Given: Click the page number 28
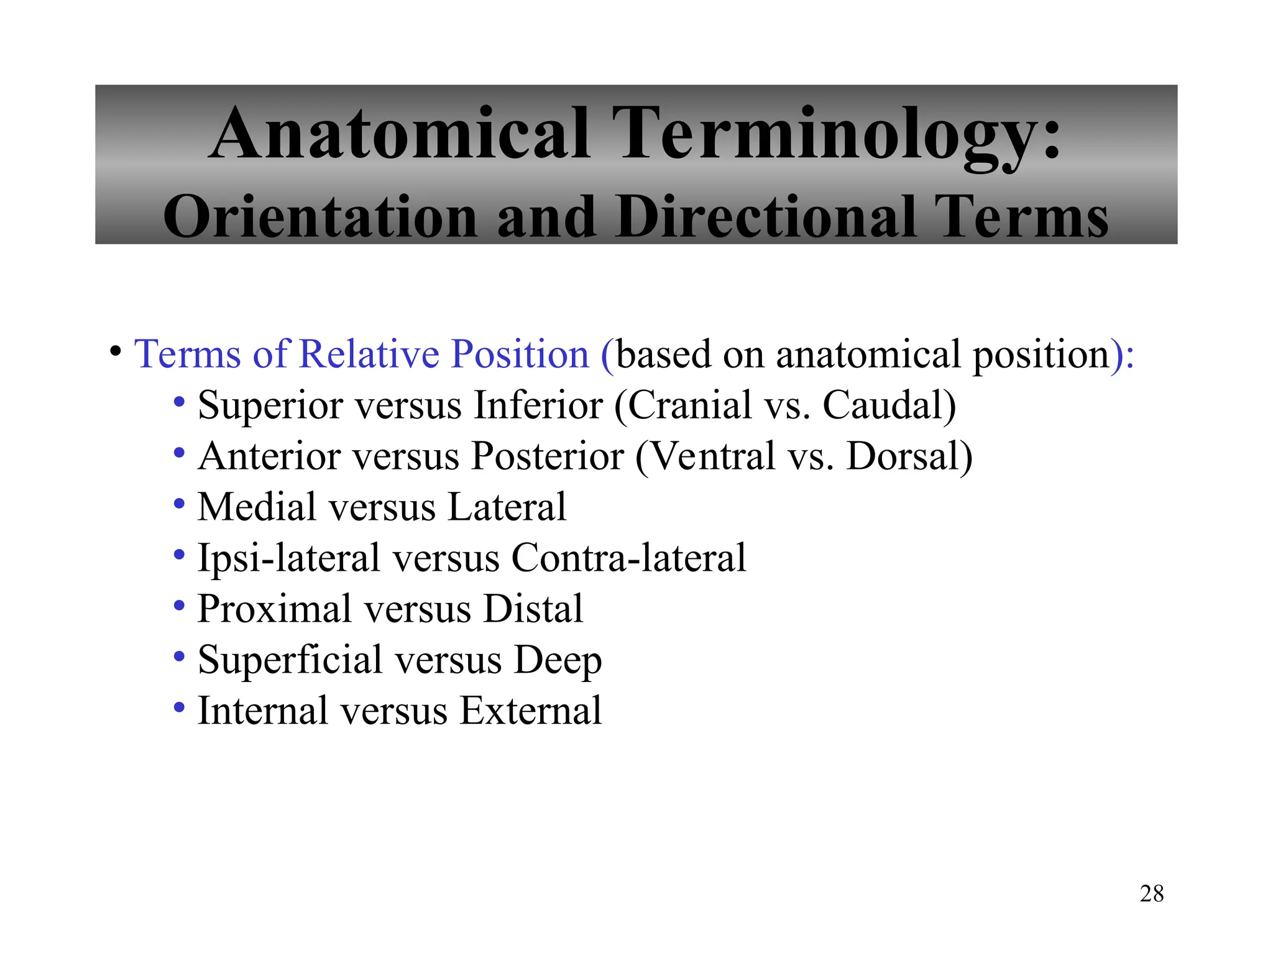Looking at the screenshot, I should (x=1151, y=893).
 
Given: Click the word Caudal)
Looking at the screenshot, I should (x=889, y=405).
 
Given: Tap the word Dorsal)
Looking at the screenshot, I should (x=909, y=456).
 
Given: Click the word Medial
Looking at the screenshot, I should (x=256, y=507).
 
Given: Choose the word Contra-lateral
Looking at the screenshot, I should (x=628, y=558).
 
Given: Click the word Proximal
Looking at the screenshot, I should (x=274, y=609).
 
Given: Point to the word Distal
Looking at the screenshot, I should (x=533, y=609).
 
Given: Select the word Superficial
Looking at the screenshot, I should (x=290, y=660).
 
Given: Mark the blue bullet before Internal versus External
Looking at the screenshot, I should (x=179, y=708).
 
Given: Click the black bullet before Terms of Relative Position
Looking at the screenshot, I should (x=116, y=351).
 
